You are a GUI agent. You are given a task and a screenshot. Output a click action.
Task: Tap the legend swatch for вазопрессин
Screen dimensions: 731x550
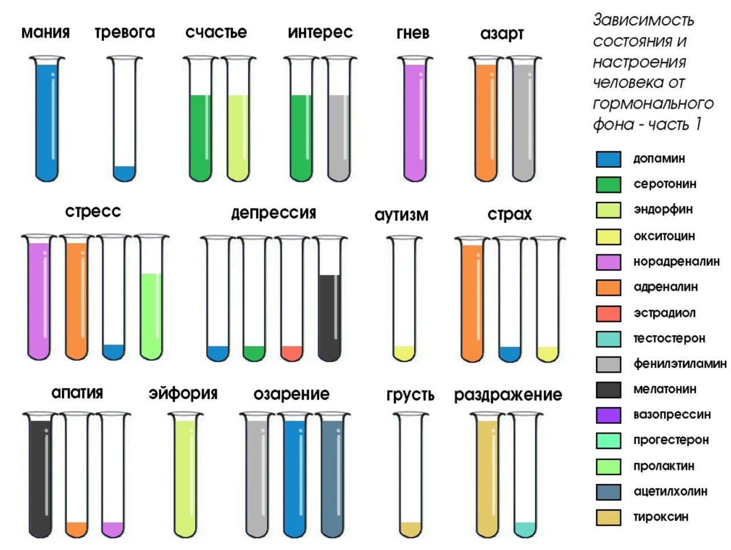[x=608, y=415]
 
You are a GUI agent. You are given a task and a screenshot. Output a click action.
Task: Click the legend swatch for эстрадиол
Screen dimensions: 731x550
[x=608, y=314]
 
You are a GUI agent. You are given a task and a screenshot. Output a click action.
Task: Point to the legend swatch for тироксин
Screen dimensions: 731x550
[x=608, y=517]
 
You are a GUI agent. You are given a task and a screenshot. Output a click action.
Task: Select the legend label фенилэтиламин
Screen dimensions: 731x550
[x=680, y=364]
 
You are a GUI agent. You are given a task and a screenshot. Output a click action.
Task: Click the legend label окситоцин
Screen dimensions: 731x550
[x=664, y=236]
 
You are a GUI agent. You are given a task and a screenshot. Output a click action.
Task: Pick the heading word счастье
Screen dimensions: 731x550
[x=216, y=33]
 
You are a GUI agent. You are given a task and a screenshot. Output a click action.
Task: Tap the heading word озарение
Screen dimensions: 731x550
[x=291, y=395]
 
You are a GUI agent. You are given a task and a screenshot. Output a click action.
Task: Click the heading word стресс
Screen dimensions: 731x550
[x=93, y=211]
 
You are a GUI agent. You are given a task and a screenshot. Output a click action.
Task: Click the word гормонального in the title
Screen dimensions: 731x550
[x=653, y=104]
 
